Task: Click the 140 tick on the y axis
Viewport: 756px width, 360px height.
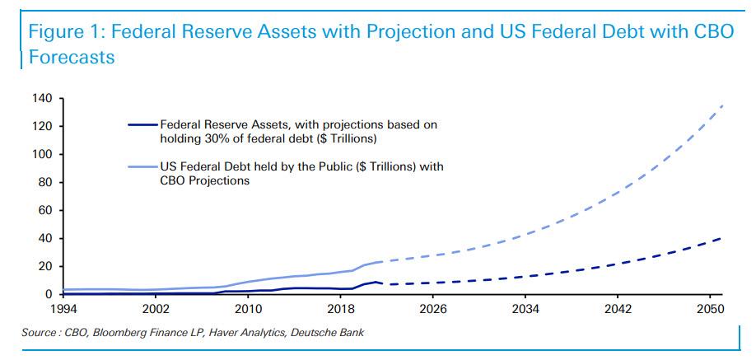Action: click(x=43, y=99)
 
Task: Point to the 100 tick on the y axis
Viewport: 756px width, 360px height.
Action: click(x=43, y=155)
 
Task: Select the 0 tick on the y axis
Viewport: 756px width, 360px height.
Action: click(x=49, y=294)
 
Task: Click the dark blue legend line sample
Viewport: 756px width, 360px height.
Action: click(x=142, y=124)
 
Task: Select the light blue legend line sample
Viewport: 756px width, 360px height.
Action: click(x=142, y=167)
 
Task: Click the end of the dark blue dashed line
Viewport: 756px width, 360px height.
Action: click(x=721, y=238)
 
